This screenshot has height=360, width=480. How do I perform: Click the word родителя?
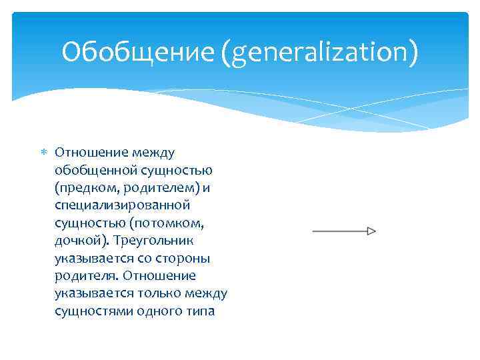[83, 275]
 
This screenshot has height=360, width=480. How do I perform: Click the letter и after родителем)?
[206, 188]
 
